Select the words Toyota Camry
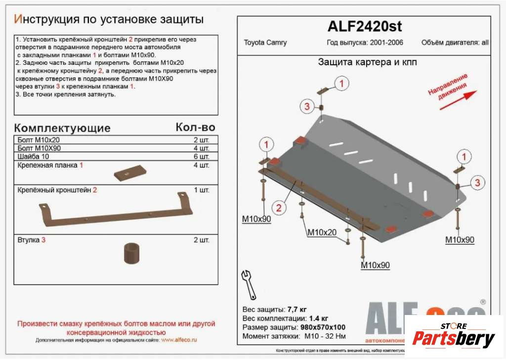click(265, 43)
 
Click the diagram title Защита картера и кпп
click(367, 62)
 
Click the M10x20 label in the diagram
click(322, 232)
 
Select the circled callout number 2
click(279, 208)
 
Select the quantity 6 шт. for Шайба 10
click(201, 157)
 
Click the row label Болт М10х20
click(38, 140)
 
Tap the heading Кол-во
click(195, 128)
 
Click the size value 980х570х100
click(323, 327)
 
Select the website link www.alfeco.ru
click(179, 340)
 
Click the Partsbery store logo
click(453, 337)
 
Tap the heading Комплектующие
click(62, 128)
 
